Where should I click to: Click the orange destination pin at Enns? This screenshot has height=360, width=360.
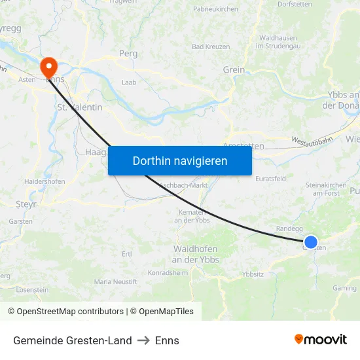point(48,66)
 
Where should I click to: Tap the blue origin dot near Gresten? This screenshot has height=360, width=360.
point(311,243)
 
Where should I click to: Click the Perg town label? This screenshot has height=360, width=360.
point(127,54)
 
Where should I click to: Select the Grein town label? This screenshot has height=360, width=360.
point(234,70)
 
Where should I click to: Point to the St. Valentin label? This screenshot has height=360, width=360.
point(80,107)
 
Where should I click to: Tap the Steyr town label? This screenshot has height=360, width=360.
point(26,204)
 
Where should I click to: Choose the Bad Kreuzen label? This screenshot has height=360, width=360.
point(211,46)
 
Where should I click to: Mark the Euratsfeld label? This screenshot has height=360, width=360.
point(270,178)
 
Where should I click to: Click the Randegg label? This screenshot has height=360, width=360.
point(290,228)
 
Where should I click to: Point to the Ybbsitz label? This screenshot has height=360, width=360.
point(253,274)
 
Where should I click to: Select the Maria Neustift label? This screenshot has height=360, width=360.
point(116,281)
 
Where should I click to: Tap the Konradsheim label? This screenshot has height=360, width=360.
point(168,272)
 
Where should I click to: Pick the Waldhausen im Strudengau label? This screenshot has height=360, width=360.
point(279,42)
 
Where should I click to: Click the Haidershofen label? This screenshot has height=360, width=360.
point(44,181)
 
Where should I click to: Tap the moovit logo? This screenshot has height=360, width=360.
point(321,339)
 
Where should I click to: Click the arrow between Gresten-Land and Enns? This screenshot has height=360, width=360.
point(143,340)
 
